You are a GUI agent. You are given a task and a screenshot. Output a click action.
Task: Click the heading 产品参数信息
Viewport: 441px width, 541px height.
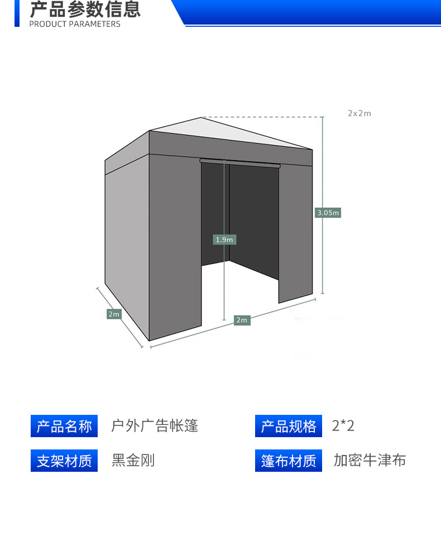[x=85, y=9]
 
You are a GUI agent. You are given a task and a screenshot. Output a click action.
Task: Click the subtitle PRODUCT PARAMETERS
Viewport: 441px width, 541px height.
[x=74, y=24]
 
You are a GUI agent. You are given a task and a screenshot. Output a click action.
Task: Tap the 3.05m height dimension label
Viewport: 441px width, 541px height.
[x=328, y=213]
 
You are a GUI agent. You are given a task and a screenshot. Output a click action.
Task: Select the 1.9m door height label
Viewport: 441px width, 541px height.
[x=225, y=240]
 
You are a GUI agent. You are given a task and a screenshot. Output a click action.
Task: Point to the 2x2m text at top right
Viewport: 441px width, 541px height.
[x=359, y=113]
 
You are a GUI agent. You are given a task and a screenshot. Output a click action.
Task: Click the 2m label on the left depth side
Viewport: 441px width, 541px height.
[x=114, y=314]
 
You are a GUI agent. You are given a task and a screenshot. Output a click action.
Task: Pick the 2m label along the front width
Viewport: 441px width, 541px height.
[x=242, y=320]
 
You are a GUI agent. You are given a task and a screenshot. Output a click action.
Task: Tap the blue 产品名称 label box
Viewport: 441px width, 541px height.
[x=64, y=427]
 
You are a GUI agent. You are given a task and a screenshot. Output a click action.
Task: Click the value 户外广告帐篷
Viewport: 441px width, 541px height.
[x=155, y=427]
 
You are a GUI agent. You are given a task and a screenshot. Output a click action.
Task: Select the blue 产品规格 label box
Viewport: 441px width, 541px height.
[x=289, y=427]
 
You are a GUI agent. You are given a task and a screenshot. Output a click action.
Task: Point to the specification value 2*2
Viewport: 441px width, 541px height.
[x=343, y=427]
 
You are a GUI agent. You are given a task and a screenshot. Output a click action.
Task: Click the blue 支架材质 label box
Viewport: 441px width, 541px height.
[x=64, y=461]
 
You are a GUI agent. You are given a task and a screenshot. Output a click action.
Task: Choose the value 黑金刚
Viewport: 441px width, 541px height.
[x=133, y=461]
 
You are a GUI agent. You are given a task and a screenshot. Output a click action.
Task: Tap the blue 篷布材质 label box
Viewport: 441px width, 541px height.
[x=289, y=461]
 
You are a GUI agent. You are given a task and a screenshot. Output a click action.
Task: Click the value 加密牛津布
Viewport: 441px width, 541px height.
[x=370, y=461]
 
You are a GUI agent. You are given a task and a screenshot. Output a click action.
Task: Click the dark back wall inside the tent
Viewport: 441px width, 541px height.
[x=254, y=218]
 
